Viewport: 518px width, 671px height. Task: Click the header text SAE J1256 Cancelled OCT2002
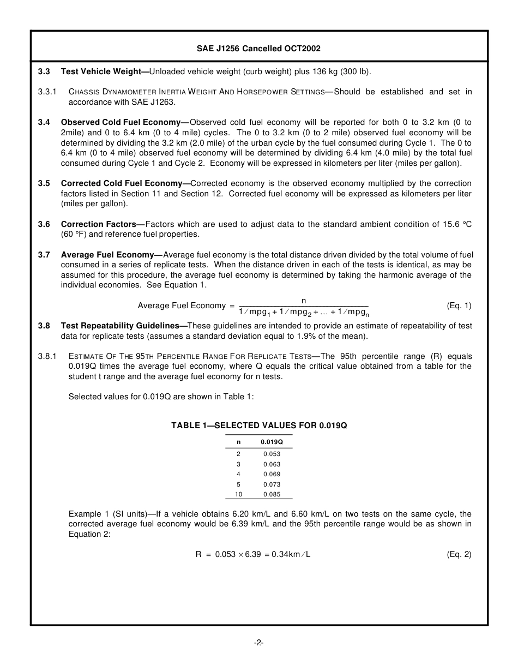click(258, 49)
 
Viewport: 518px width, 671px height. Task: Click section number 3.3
click(44, 71)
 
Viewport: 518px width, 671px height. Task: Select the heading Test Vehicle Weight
click(101, 71)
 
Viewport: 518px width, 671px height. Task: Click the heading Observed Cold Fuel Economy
click(124, 122)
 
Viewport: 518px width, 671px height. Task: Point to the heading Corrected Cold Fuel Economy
click(125, 183)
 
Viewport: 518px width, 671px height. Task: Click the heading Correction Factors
click(103, 224)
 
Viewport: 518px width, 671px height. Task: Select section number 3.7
click(44, 255)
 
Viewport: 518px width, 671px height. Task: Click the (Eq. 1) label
click(459, 305)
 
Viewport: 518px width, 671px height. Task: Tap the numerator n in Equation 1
click(304, 301)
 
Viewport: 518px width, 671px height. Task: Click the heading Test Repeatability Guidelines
click(124, 326)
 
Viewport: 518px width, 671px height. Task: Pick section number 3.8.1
click(47, 356)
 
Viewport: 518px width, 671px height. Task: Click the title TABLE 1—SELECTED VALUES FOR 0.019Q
click(259, 426)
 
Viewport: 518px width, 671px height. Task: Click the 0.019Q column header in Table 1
click(272, 442)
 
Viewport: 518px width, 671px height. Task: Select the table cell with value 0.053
click(272, 454)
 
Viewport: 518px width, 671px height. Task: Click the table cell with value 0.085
click(272, 494)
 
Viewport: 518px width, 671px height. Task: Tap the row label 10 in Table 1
click(238, 494)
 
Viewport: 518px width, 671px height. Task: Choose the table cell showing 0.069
click(272, 474)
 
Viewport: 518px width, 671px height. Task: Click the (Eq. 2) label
click(459, 554)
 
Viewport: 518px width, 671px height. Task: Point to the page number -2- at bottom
click(259, 643)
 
